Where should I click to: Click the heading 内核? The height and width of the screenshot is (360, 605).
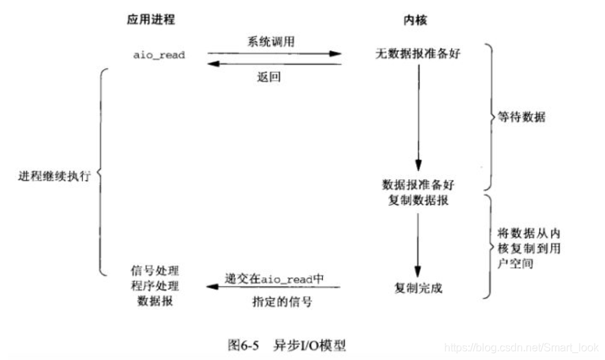coord(415,20)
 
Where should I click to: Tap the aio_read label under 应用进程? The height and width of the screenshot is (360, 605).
coord(159,55)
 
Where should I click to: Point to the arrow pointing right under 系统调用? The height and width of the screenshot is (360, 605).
coord(274,53)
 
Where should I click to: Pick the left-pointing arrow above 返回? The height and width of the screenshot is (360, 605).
coord(274,64)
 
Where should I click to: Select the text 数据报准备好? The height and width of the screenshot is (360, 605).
coord(415,185)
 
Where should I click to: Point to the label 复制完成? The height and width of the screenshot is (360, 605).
coord(418,288)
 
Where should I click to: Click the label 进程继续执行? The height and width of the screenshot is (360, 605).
coord(54,174)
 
